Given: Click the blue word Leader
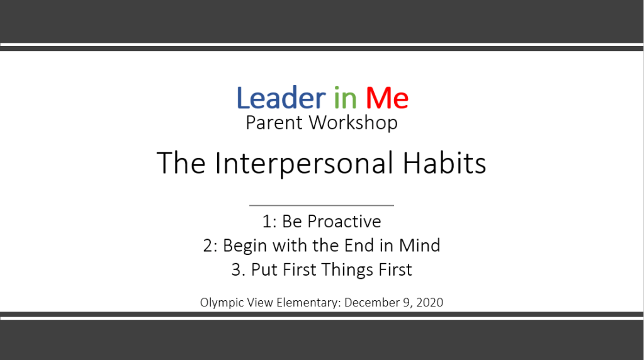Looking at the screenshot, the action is [281, 98].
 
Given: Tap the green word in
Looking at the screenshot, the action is [345, 98].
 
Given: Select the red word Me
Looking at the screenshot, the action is [387, 98].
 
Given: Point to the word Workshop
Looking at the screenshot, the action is [353, 123].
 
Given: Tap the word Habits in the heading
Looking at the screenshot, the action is [444, 163].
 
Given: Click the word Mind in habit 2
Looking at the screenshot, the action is [419, 245].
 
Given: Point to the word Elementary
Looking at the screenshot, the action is [307, 303].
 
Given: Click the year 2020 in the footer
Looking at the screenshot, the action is [429, 303].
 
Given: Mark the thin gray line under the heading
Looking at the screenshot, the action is [322, 205].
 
